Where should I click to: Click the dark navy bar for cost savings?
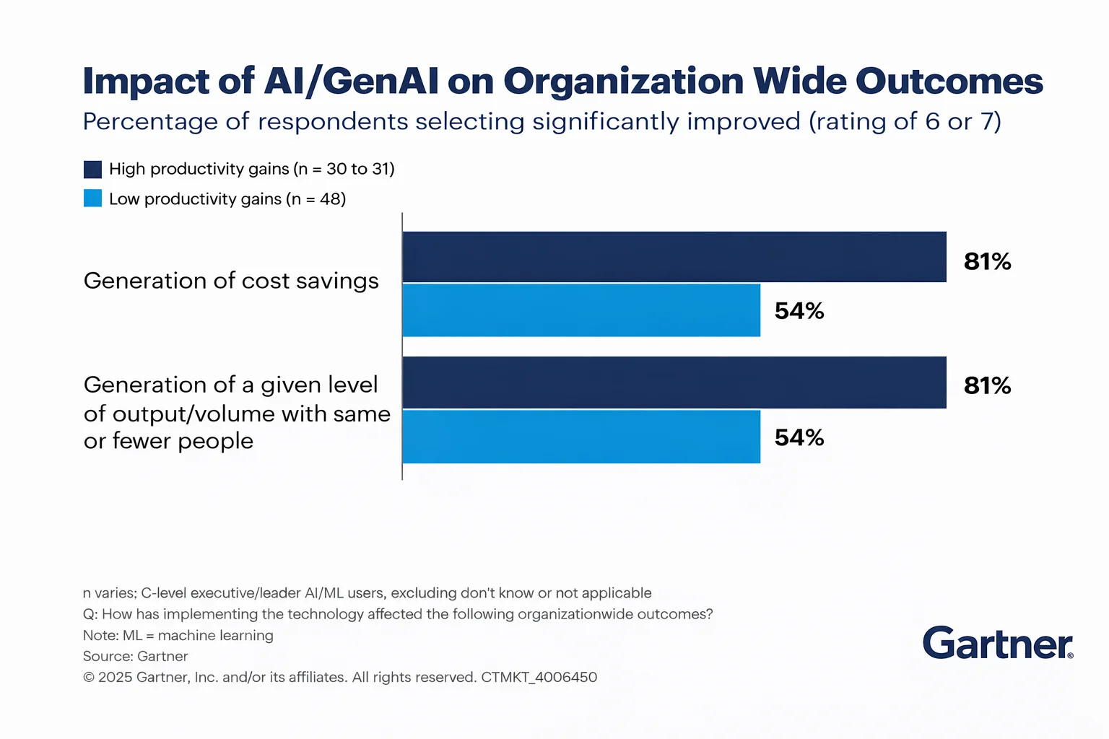674,257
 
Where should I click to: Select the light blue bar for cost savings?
581,310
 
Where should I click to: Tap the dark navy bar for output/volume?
674,382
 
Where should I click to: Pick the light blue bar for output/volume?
581,437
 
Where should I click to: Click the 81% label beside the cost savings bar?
987,261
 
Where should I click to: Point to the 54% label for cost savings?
799,311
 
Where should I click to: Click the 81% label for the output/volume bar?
987,385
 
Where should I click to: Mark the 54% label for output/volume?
799,437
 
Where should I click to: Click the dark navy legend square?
92,170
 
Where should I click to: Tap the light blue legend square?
92,198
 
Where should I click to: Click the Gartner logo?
998,643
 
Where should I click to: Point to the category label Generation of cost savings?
231,281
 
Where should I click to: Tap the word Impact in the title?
146,82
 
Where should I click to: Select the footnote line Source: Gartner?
135,656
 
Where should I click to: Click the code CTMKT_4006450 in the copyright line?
539,677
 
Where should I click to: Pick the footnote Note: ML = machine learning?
178,635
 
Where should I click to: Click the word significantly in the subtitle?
606,122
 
